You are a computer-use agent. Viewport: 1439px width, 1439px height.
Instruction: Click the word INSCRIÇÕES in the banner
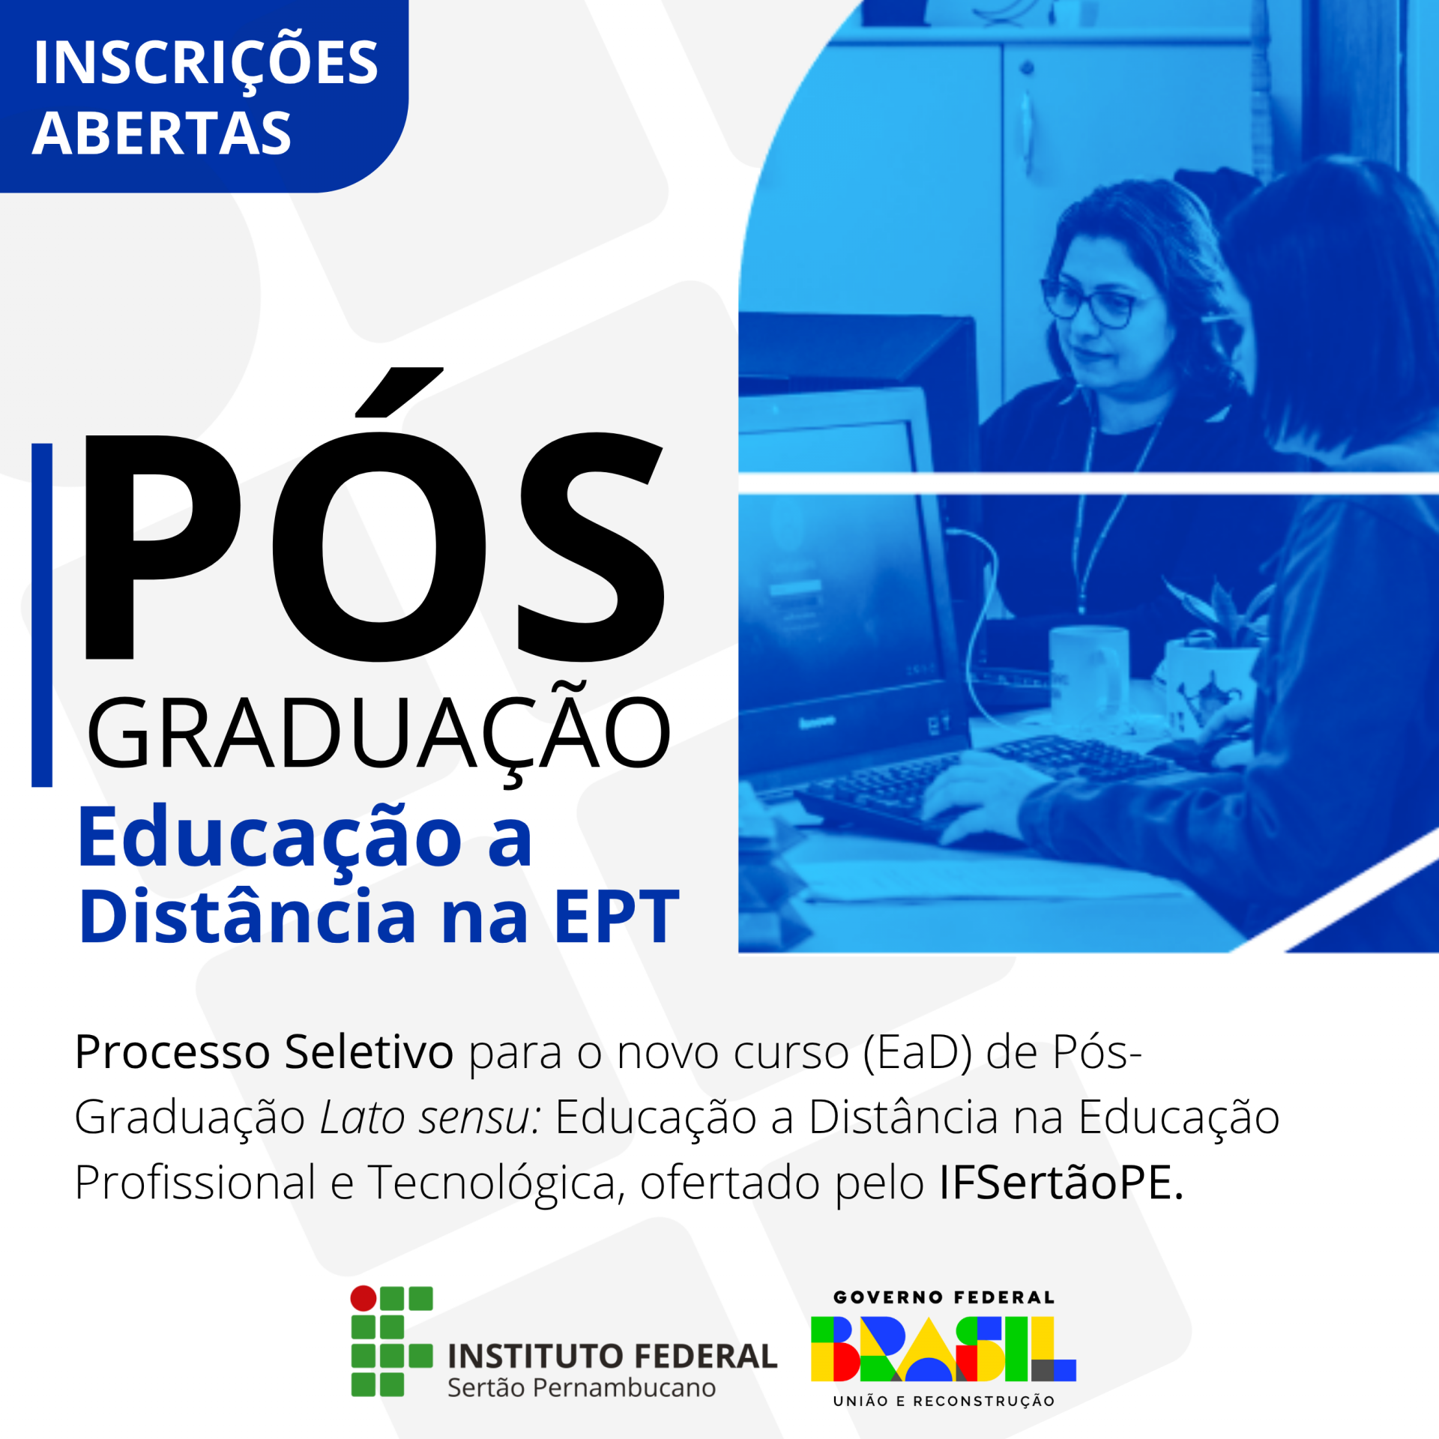pyautogui.click(x=205, y=62)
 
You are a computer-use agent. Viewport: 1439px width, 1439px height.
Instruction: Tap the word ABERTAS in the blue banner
pyautogui.click(x=162, y=133)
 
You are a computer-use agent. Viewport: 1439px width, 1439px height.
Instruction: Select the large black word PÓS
pyautogui.click(x=375, y=516)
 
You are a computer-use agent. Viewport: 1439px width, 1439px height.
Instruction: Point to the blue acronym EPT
pyautogui.click(x=617, y=917)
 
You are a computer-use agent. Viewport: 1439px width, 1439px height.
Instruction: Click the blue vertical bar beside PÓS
pyautogui.click(x=42, y=615)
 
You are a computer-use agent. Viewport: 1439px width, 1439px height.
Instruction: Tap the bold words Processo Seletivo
pyautogui.click(x=264, y=1052)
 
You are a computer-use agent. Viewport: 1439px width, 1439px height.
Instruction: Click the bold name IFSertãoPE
pyautogui.click(x=1061, y=1183)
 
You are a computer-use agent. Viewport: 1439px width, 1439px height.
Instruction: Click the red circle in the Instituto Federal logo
pyautogui.click(x=363, y=1297)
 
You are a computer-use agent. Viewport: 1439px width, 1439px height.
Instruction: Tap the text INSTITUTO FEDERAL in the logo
pyautogui.click(x=612, y=1357)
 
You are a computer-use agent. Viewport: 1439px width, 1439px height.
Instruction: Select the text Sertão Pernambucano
pyautogui.click(x=582, y=1388)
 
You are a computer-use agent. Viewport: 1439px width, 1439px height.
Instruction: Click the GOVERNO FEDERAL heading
pyautogui.click(x=944, y=1297)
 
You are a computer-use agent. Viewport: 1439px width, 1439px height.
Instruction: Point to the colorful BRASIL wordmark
pyautogui.click(x=944, y=1349)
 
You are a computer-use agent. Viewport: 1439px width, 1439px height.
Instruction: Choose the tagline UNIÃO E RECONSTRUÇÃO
pyautogui.click(x=944, y=1401)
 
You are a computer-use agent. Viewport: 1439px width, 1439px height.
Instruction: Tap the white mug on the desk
pyautogui.click(x=1088, y=674)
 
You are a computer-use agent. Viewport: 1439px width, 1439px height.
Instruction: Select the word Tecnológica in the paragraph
pyautogui.click(x=495, y=1184)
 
